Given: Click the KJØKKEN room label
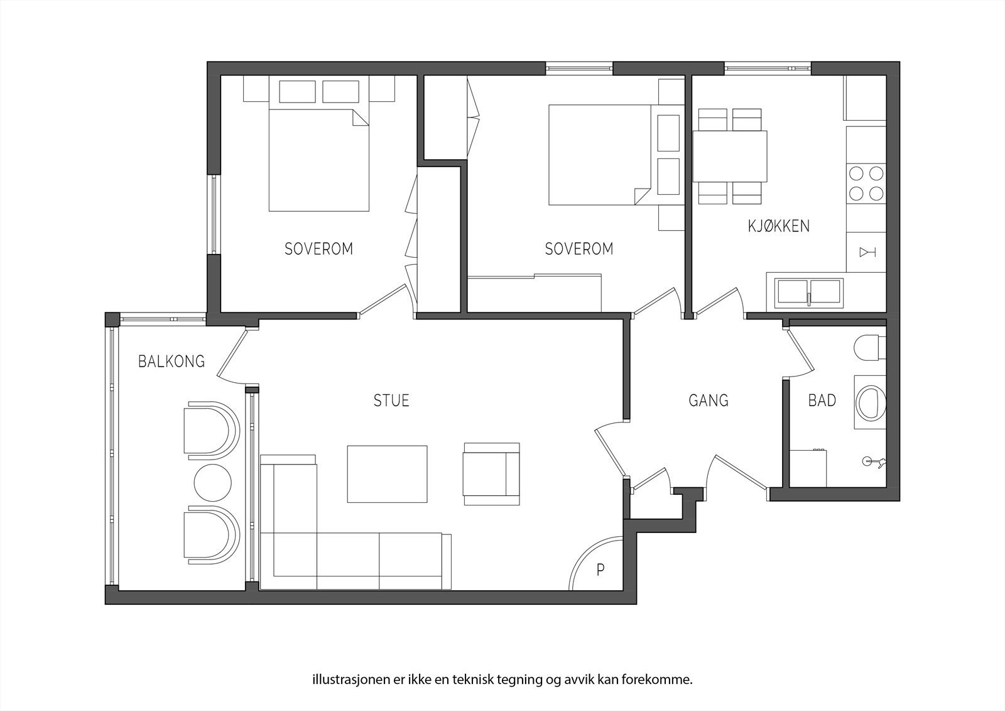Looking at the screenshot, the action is click(x=778, y=226).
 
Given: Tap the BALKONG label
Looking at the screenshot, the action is click(x=171, y=361).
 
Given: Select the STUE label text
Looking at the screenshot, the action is click(x=391, y=400).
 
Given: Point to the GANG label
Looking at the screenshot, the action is click(x=709, y=400).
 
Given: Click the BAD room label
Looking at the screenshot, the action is click(x=822, y=400).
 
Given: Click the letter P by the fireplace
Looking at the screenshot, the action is click(x=600, y=570).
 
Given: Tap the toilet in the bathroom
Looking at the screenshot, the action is click(x=870, y=347).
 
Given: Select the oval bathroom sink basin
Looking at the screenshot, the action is click(x=871, y=403).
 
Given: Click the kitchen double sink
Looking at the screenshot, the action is click(x=809, y=291).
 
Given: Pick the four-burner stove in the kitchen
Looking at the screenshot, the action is click(x=866, y=184).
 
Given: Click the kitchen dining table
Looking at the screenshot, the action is click(x=730, y=156).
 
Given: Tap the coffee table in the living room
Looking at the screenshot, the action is click(x=387, y=474).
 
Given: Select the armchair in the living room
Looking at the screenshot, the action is click(x=492, y=474).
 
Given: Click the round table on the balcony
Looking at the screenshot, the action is click(x=213, y=483).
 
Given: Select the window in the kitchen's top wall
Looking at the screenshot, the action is click(x=768, y=69).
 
